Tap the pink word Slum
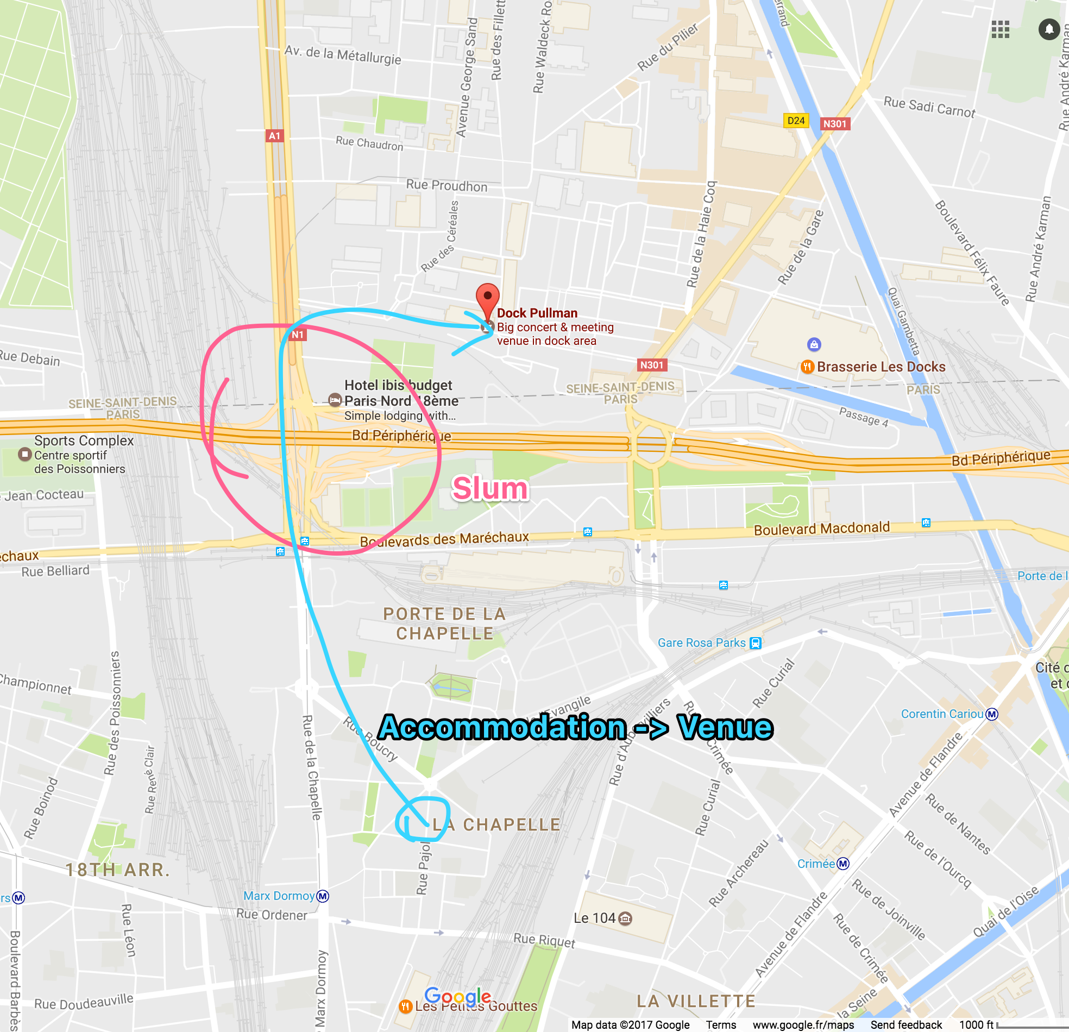(x=490, y=488)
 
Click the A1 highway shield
(x=274, y=136)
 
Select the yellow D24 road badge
(x=796, y=121)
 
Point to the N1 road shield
(x=297, y=335)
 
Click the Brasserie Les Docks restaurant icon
(x=807, y=367)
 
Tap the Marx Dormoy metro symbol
(x=323, y=896)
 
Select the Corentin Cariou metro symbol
(x=992, y=714)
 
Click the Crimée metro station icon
(x=843, y=864)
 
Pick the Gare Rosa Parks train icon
(x=756, y=643)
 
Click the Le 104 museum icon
(x=626, y=918)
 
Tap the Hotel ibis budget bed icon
(x=335, y=400)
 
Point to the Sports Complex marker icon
(x=24, y=454)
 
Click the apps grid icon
(x=1000, y=29)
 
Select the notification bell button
(x=1049, y=29)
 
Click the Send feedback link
(x=906, y=1025)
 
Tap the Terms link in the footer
(x=720, y=1025)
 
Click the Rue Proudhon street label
(x=447, y=186)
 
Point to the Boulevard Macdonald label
(x=821, y=528)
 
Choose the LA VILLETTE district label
(x=696, y=1001)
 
